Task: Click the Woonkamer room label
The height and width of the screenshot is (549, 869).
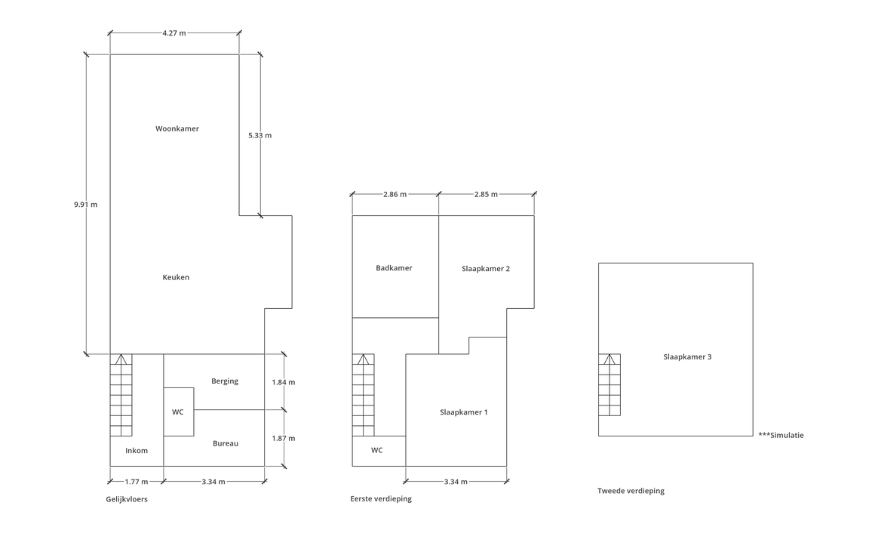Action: pos(177,129)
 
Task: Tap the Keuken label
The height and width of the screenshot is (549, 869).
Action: pos(176,277)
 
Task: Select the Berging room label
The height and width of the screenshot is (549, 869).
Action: pos(225,381)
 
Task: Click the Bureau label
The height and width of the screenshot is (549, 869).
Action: pos(225,443)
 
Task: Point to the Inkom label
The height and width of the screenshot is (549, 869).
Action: pos(137,451)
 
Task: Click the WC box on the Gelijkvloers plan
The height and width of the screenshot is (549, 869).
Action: pos(178,412)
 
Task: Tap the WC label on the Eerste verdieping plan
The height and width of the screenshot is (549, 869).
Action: pos(376,450)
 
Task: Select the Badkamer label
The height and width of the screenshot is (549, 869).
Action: pos(394,268)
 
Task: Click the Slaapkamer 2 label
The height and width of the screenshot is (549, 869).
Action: pos(486,268)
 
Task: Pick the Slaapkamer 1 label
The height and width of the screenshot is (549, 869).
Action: pos(464,412)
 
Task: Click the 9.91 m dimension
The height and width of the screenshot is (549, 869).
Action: pos(86,205)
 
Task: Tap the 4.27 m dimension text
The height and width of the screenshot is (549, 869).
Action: pos(174,33)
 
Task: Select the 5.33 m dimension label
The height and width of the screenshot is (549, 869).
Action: pos(259,135)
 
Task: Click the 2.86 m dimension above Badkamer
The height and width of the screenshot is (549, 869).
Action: pos(395,194)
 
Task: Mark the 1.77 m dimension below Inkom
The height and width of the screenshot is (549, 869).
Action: pos(136,482)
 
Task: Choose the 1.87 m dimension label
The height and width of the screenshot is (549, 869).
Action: pos(284,438)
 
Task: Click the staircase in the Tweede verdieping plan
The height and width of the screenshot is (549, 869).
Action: pos(610,384)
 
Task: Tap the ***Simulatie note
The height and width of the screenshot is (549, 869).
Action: pos(781,435)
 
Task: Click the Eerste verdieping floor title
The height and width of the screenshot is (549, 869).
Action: pos(381,498)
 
